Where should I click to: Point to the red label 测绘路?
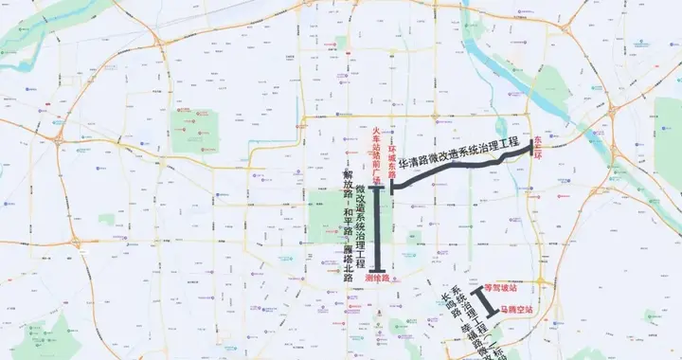pyautogui.click(x=377, y=279)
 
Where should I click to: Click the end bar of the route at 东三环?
pyautogui.click(x=531, y=152)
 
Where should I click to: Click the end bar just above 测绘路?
pyautogui.click(x=378, y=269)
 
